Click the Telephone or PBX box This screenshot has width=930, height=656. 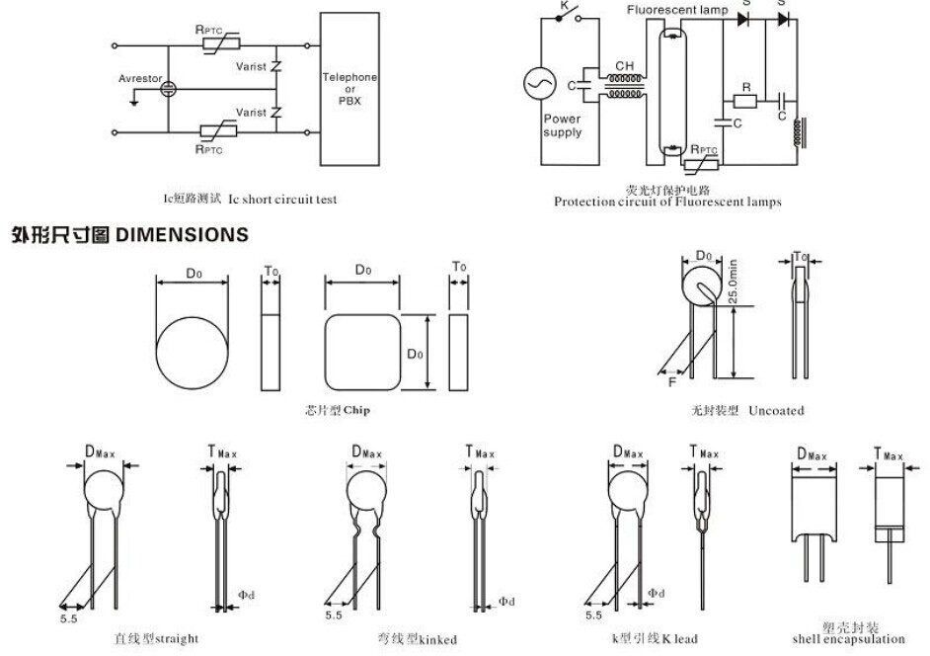pyautogui.click(x=349, y=89)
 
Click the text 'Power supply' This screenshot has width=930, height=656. pyautogui.click(x=562, y=125)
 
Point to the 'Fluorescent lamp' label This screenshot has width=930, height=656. pyautogui.click(x=677, y=11)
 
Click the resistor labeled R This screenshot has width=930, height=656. pyautogui.click(x=746, y=101)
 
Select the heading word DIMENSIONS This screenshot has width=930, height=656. pyautogui.click(x=183, y=235)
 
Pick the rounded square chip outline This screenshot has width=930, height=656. pyautogui.click(x=362, y=353)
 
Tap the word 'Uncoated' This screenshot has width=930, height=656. pyautogui.click(x=776, y=410)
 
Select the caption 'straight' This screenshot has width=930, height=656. pyautogui.click(x=177, y=638)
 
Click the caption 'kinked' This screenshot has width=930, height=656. pyautogui.click(x=438, y=639)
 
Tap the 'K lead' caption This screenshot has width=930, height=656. pyautogui.click(x=679, y=638)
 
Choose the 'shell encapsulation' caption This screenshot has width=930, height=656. pyautogui.click(x=848, y=639)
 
